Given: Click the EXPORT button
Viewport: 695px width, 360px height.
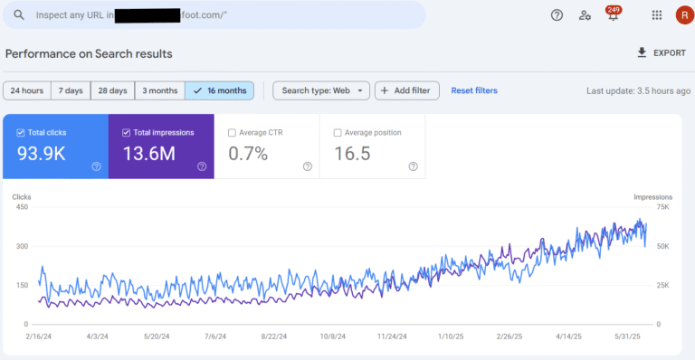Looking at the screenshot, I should [662, 53].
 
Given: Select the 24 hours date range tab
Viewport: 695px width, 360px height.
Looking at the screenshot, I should [26, 90].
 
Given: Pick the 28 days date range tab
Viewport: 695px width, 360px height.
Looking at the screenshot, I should [113, 90].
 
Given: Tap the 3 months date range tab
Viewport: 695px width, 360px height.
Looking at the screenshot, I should [158, 90].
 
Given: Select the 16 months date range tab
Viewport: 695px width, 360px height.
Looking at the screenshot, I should [219, 90].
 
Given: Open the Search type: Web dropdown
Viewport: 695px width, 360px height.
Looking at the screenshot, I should [320, 90].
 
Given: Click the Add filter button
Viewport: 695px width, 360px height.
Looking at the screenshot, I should [407, 90].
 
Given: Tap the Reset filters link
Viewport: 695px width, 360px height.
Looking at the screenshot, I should [474, 90].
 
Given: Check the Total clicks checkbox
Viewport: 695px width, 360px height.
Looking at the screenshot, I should [20, 133].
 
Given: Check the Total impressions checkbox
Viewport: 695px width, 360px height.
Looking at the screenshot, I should [126, 133].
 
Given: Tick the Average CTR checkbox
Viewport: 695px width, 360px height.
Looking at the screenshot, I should [232, 133].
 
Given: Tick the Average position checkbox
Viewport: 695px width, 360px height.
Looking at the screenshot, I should [338, 133].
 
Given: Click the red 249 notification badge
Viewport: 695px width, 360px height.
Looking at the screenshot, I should [614, 11].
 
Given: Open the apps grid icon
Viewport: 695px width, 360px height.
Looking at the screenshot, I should [656, 15].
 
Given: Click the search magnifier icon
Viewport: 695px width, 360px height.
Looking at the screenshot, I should [16, 15].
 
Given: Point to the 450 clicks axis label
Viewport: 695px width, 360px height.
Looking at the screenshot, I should [21, 207].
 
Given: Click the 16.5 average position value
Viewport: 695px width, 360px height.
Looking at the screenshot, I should [353, 154].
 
